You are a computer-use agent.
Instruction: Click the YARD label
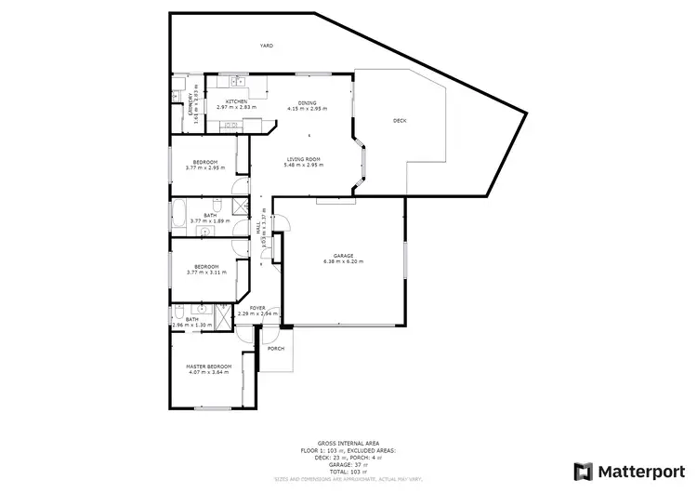(266, 46)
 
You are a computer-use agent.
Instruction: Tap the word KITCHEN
(236, 101)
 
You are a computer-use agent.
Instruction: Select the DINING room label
(307, 102)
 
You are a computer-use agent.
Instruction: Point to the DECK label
(400, 121)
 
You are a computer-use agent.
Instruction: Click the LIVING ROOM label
(303, 159)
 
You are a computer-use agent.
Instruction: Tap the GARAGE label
(343, 256)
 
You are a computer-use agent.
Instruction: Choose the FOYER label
(256, 308)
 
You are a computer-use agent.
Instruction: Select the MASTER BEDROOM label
(209, 366)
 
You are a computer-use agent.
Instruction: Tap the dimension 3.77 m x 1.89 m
(209, 221)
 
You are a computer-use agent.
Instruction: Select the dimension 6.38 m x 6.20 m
(343, 262)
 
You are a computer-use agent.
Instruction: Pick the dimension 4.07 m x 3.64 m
(209, 373)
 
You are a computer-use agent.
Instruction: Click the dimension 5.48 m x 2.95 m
(303, 166)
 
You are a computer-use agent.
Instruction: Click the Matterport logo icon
(584, 471)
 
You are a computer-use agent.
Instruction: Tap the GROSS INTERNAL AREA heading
(348, 444)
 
